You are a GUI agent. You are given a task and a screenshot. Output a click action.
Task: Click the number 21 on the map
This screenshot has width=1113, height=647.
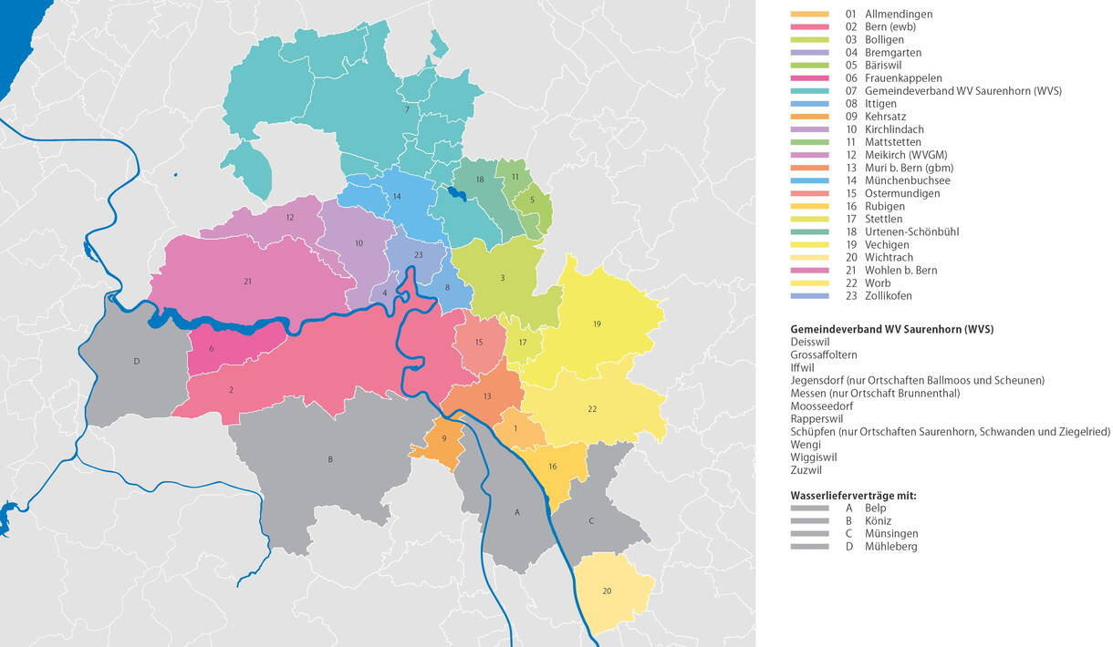click(247, 282)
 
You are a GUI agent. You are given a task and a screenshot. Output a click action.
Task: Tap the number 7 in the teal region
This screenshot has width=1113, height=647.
click(407, 110)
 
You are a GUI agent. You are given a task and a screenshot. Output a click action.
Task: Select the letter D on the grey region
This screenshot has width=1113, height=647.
click(137, 362)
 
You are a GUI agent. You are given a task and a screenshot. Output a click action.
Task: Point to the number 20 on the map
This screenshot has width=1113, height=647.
click(607, 591)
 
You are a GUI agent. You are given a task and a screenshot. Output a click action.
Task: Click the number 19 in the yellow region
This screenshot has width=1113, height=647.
click(597, 323)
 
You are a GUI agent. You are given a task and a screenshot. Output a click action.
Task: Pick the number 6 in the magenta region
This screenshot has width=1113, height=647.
click(211, 349)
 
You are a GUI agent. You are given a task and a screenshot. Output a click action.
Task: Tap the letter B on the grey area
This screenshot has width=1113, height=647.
click(330, 459)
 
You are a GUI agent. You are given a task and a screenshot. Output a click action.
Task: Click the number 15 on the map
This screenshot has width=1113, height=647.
click(479, 343)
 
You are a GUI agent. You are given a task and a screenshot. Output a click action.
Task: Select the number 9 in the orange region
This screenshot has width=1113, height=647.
click(444, 439)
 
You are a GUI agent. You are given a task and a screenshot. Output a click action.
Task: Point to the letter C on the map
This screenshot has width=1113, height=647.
click(591, 521)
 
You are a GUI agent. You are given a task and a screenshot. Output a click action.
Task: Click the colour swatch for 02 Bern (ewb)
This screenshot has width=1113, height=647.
click(810, 27)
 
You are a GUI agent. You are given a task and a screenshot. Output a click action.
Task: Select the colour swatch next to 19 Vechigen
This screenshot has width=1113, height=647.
click(810, 245)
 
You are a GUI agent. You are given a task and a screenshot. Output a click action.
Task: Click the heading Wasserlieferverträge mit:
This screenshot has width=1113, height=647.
click(853, 496)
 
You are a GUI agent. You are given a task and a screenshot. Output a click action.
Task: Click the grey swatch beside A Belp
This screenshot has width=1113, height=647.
click(810, 508)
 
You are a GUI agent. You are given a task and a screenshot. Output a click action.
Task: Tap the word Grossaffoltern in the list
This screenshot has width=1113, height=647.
click(827, 355)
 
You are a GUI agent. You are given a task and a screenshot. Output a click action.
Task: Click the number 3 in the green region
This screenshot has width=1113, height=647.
click(502, 278)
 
